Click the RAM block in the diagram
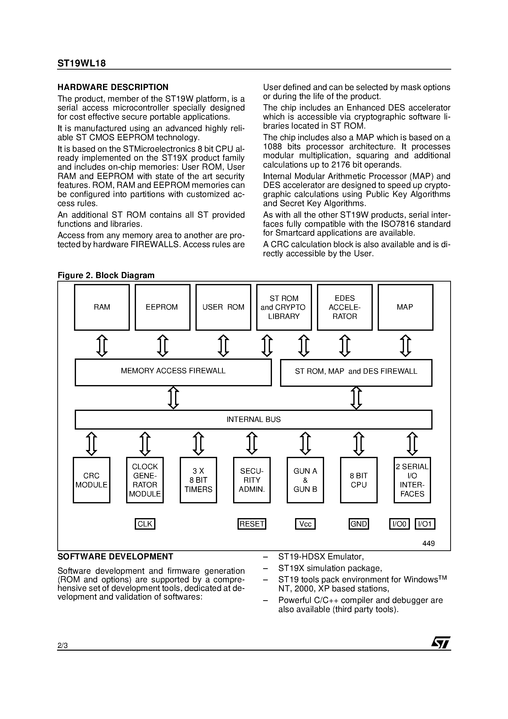[x=102, y=307]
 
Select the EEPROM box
[x=162, y=307]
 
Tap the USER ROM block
[x=223, y=307]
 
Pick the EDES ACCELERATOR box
[x=344, y=307]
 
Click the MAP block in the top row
[x=405, y=307]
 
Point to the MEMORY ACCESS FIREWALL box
[x=173, y=372]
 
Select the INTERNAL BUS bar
[x=253, y=419]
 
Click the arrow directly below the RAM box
[x=102, y=345]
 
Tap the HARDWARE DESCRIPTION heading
[x=113, y=87]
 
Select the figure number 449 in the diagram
[x=428, y=543]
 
